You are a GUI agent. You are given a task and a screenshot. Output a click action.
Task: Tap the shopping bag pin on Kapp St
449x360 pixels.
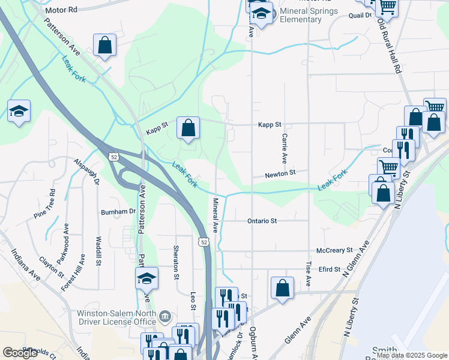click(x=188, y=128)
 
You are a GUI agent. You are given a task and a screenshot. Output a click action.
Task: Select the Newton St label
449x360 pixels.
click(x=282, y=173)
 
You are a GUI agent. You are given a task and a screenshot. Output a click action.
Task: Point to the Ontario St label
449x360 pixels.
click(x=262, y=221)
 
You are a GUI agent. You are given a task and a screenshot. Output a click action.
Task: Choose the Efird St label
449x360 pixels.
click(x=329, y=269)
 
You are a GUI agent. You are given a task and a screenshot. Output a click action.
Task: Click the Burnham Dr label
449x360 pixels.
click(x=118, y=212)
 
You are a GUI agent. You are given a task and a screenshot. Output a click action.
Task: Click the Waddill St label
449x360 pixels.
click(x=98, y=251)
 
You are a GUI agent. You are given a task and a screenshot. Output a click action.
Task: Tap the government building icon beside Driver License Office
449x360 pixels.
click(x=165, y=316)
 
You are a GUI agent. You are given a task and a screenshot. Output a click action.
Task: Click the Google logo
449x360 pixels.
click(x=20, y=353)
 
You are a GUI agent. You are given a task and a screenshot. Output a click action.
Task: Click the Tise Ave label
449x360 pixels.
click(x=309, y=273)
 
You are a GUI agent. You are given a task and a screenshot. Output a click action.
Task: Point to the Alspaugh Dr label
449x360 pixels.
click(x=86, y=171)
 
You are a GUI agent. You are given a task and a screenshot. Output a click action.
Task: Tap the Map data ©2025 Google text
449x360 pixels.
click(x=412, y=355)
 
